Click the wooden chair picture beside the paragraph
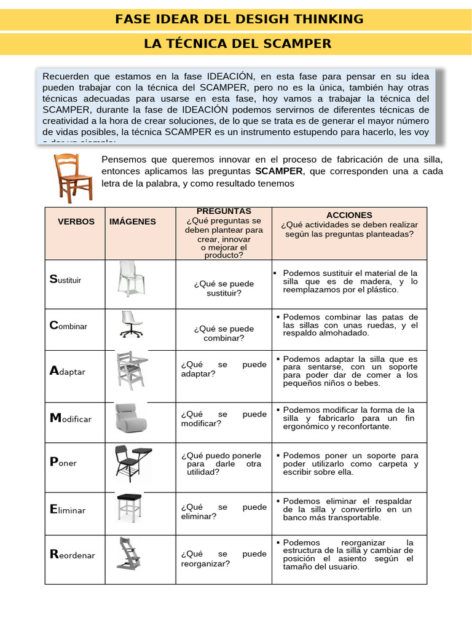pos(73,178)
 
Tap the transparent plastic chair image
pos(132,279)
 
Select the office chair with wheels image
pos(131,324)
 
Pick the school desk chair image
pos(132,463)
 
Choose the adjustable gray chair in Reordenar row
pos(130,555)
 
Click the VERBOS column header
pos(76,222)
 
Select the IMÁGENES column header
pos(133,222)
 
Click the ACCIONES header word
pos(349,215)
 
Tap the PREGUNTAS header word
pos(224,211)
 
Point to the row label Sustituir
pos(65,279)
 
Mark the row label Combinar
pos(68,326)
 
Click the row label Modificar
pos(70,418)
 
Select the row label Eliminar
pos(68,510)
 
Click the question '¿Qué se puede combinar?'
pos(224,334)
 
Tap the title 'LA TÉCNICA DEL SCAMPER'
pos(237,44)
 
